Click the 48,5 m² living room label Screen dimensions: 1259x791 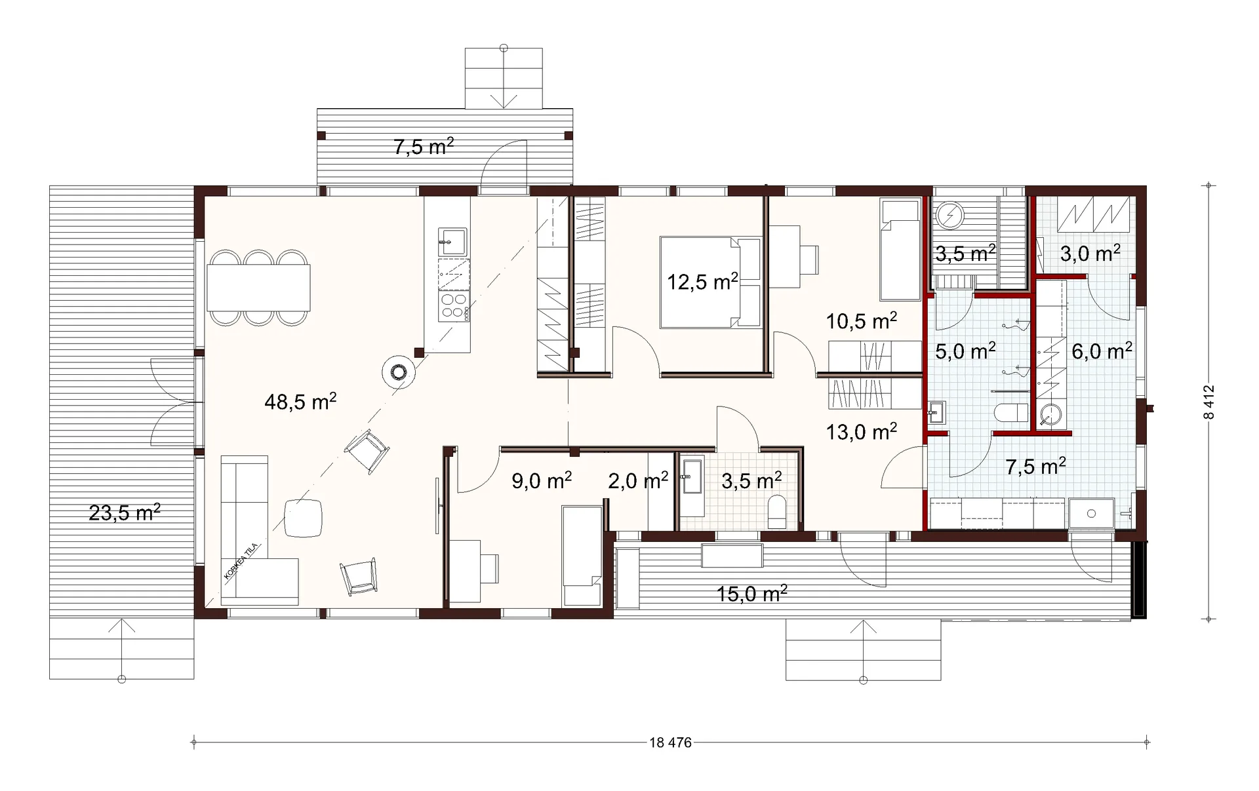coord(300,401)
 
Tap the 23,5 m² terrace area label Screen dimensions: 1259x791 coord(125,512)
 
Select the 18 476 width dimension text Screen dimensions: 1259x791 coord(670,743)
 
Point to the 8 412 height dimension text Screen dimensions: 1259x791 coord(1210,402)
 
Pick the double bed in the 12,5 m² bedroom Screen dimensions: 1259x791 coord(710,282)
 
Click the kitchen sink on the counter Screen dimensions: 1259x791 coord(452,242)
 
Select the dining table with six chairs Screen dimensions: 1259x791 coord(259,288)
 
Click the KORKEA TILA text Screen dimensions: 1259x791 coord(242,562)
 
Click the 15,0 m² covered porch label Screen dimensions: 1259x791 coord(751,594)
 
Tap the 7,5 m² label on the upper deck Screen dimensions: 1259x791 coord(424,146)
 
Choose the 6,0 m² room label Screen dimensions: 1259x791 coord(1102,351)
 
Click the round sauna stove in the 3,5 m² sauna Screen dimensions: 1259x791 coord(949,214)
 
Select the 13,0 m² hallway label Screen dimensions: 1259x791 coord(862,432)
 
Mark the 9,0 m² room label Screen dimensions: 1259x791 coord(542,481)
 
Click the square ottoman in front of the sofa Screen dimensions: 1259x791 coord(303,518)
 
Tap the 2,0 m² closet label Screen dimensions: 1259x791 coord(638,481)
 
